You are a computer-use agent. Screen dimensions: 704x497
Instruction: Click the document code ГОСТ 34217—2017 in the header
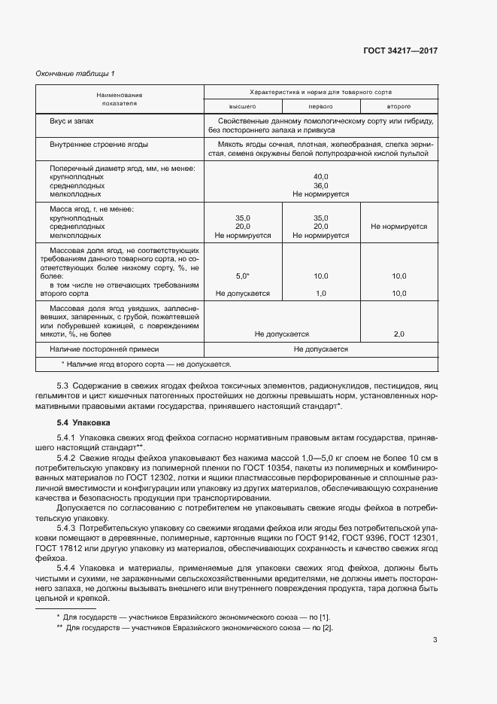click(x=400, y=50)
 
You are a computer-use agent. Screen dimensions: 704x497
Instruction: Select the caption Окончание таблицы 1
click(x=75, y=73)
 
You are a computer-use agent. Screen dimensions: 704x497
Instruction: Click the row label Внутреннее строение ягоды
click(x=98, y=144)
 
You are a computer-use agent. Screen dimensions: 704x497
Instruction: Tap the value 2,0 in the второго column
click(x=399, y=334)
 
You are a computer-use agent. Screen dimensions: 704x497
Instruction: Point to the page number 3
click(x=435, y=640)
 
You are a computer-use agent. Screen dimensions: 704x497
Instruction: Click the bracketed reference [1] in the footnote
click(x=325, y=617)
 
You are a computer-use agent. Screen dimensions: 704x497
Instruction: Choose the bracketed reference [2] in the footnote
click(x=327, y=627)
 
